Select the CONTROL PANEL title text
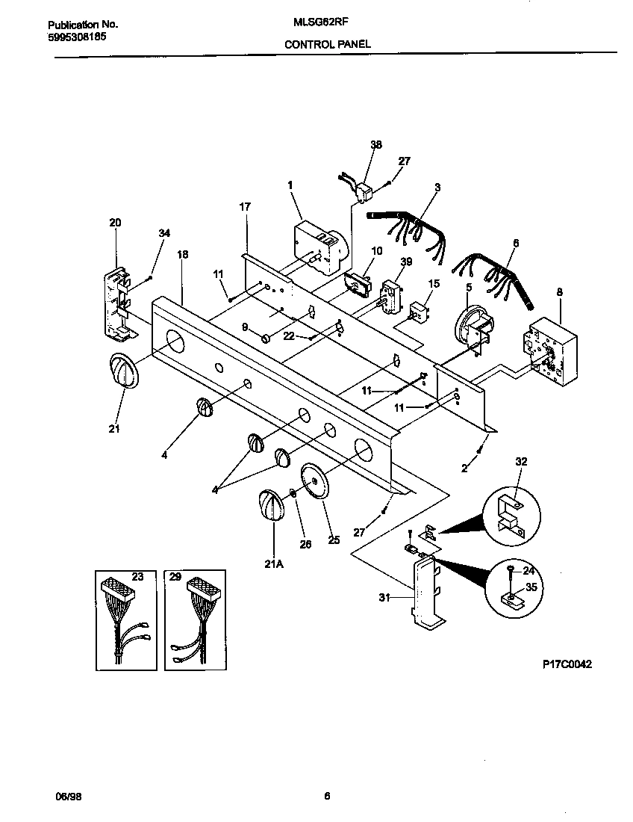pos(327,45)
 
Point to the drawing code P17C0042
pos(567,664)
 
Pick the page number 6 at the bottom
pos(327,797)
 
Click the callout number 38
pos(375,145)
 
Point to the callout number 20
pos(115,223)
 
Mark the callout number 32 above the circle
pos(521,462)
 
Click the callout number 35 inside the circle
pos(531,587)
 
